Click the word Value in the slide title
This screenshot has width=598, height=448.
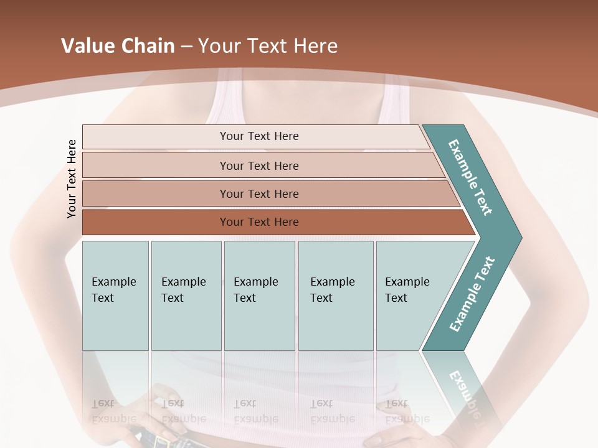(x=86, y=46)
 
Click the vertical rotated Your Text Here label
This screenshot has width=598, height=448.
(x=72, y=179)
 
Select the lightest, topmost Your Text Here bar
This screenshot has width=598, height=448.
(x=259, y=136)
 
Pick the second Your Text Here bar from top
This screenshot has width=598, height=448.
(x=259, y=166)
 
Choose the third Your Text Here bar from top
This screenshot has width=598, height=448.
(x=259, y=194)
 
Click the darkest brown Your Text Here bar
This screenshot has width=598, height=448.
(x=259, y=222)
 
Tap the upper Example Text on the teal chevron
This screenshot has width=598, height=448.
(x=470, y=177)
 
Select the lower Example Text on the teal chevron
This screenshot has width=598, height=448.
(x=472, y=294)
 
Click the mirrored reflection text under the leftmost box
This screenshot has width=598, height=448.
(x=113, y=411)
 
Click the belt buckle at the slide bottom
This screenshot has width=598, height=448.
(x=164, y=442)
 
